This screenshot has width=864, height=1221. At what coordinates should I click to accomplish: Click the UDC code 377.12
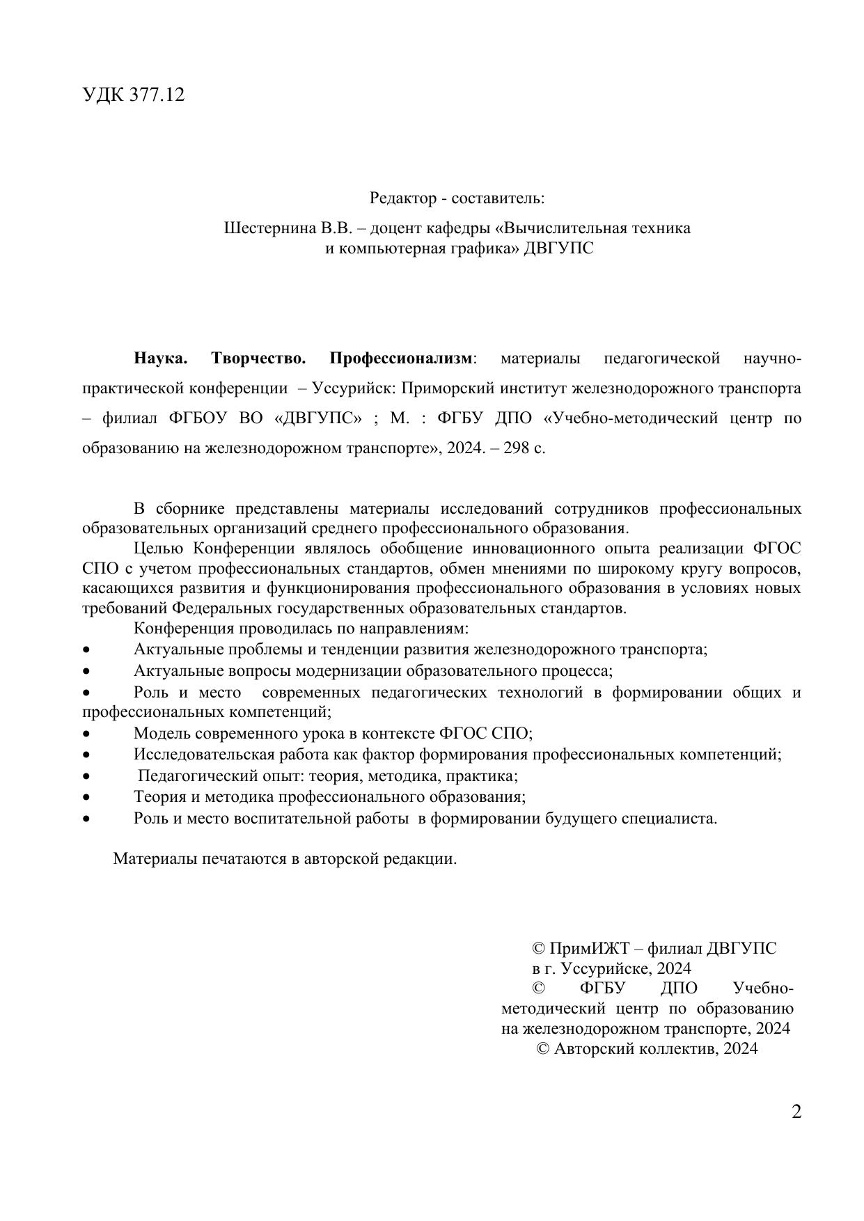click(157, 95)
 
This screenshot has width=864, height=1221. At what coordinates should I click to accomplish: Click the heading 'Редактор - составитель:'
click(457, 198)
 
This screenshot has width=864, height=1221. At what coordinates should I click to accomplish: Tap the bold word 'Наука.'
click(161, 359)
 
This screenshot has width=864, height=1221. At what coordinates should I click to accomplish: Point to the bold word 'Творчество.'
click(258, 359)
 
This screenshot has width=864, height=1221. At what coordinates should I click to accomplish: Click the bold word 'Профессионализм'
click(400, 359)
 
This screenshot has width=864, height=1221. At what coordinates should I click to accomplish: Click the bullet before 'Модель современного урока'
click(86, 734)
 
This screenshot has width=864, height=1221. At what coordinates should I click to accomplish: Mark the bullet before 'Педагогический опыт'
click(86, 776)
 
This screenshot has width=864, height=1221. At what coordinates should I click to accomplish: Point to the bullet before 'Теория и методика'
click(86, 797)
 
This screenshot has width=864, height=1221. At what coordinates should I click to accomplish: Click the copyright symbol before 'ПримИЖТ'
click(538, 949)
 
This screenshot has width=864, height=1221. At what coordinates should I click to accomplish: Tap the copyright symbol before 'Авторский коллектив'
click(544, 1049)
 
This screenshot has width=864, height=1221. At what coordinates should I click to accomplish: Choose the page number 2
click(796, 1112)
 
